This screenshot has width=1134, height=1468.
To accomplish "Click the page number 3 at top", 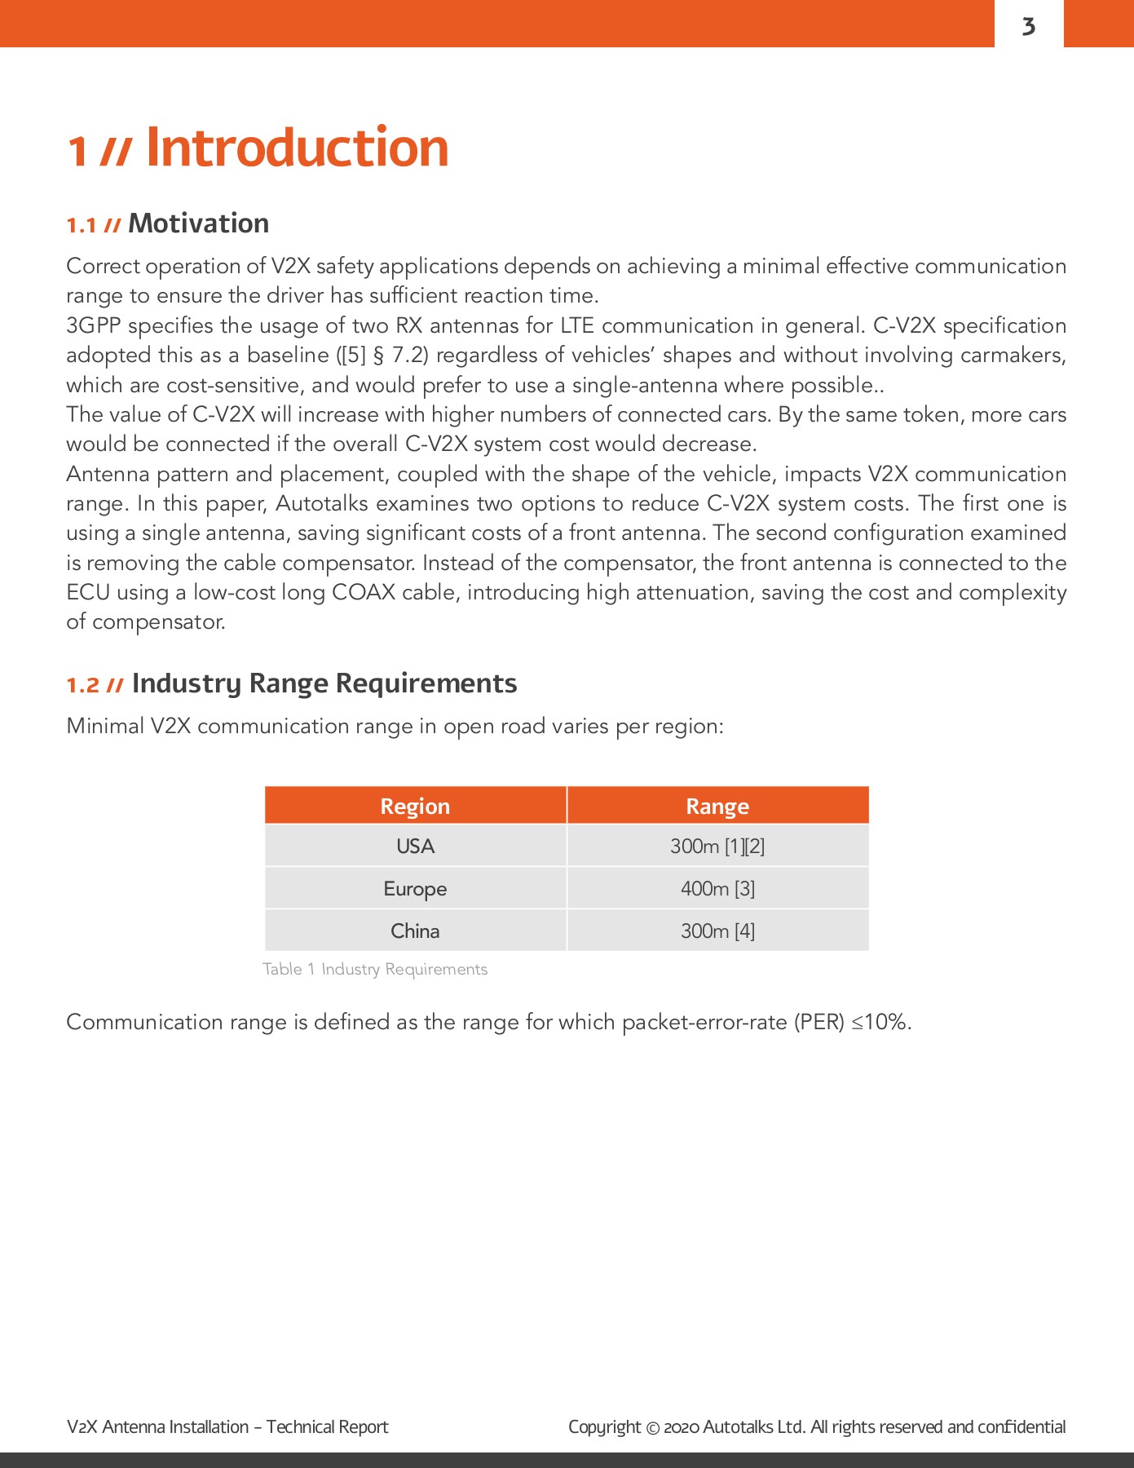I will [1029, 26].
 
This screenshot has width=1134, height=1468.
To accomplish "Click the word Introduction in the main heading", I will [297, 148].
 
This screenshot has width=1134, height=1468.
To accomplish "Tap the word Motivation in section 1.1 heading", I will [198, 223].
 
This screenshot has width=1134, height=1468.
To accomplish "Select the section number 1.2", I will [83, 685].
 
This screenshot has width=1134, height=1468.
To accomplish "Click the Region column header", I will [415, 806].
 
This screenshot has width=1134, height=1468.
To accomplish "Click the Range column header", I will [717, 806].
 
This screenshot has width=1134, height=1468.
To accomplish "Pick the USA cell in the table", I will [415, 846].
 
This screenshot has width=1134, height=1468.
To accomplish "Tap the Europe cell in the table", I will [415, 888].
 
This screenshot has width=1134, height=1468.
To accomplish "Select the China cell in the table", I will [415, 931].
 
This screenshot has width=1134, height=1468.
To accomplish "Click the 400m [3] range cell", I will [717, 888].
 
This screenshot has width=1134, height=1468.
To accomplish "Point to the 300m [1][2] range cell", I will [717, 846].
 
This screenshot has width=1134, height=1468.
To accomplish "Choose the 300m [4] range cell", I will [717, 931].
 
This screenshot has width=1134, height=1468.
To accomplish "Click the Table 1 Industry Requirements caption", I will [375, 969].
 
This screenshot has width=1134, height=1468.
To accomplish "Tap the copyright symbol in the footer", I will [652, 1427].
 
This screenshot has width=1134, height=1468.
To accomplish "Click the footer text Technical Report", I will [327, 1427].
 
